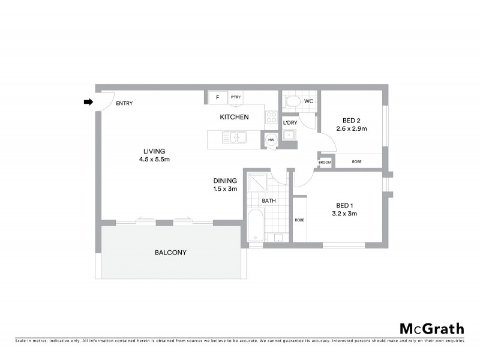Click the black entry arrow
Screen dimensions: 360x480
pyautogui.click(x=88, y=103)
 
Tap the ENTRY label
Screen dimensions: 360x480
pyautogui.click(x=124, y=103)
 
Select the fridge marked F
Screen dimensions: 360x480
pyautogui.click(x=217, y=97)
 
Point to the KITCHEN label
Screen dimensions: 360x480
pyautogui.click(x=234, y=117)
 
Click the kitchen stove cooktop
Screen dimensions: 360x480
pyautogui.click(x=271, y=118)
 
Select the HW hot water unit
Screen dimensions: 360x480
pyautogui.click(x=271, y=140)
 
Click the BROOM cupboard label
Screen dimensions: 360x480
pyautogui.click(x=325, y=162)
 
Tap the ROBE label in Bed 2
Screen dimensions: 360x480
pyautogui.click(x=356, y=162)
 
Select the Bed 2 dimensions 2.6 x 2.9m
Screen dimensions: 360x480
pyautogui.click(x=351, y=128)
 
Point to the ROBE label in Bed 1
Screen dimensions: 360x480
pyautogui.click(x=299, y=220)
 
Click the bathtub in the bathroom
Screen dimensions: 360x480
pyautogui.click(x=255, y=227)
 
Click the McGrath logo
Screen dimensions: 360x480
pyautogui.click(x=431, y=329)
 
